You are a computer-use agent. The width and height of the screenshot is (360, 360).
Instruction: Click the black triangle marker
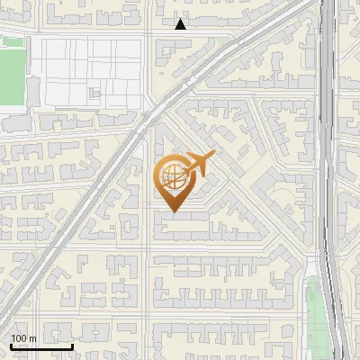181,24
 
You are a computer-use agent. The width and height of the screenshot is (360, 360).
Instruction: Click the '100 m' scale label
23,338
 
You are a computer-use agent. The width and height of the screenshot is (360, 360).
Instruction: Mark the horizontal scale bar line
41,346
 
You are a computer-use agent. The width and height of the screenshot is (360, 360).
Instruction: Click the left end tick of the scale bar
11,346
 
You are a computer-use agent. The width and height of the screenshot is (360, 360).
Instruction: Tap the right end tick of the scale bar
72,346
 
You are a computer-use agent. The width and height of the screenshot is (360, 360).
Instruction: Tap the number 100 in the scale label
19,338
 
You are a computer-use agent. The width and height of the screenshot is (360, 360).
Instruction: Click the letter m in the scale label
32,338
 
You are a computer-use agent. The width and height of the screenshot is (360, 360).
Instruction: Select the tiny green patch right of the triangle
221,40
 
